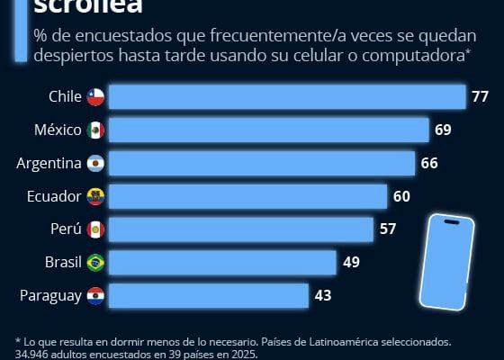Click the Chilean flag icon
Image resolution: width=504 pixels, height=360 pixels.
pyautogui.click(x=96, y=97)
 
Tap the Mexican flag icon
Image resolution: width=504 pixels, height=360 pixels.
pyautogui.click(x=96, y=130)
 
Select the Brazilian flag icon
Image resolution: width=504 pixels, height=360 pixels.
pyautogui.click(x=96, y=262)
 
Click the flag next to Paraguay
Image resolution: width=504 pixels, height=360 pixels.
pyautogui.click(x=96, y=294)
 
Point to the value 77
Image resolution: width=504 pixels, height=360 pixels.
pyautogui.click(x=480, y=97)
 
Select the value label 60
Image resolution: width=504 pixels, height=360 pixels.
pyautogui.click(x=401, y=196)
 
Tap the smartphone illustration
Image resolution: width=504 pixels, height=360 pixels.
pyautogui.click(x=446, y=261)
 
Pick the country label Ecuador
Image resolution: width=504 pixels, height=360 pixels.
pyautogui.click(x=53, y=196)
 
